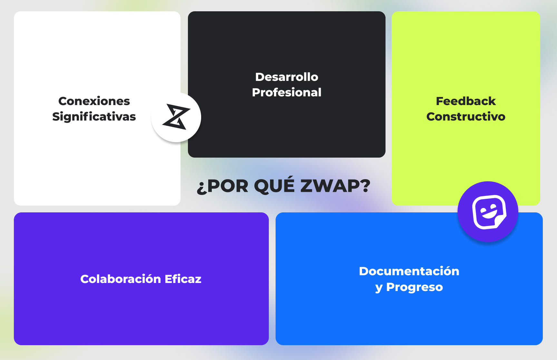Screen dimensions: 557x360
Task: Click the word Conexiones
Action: click(x=94, y=101)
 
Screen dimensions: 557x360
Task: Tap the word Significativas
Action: click(x=94, y=117)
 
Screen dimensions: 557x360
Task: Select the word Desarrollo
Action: click(x=287, y=77)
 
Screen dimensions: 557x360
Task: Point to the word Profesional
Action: click(x=287, y=92)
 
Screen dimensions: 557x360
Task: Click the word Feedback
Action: click(x=466, y=101)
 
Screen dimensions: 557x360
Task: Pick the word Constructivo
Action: click(x=466, y=117)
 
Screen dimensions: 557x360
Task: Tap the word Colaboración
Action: click(x=120, y=279)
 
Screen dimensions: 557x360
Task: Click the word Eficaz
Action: click(x=183, y=279)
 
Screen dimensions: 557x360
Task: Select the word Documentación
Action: click(x=409, y=271)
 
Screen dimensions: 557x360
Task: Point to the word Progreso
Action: click(x=415, y=287)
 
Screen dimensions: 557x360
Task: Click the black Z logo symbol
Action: click(x=176, y=117)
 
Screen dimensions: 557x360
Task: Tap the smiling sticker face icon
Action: click(x=488, y=212)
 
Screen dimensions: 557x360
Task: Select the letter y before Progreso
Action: click(x=379, y=288)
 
